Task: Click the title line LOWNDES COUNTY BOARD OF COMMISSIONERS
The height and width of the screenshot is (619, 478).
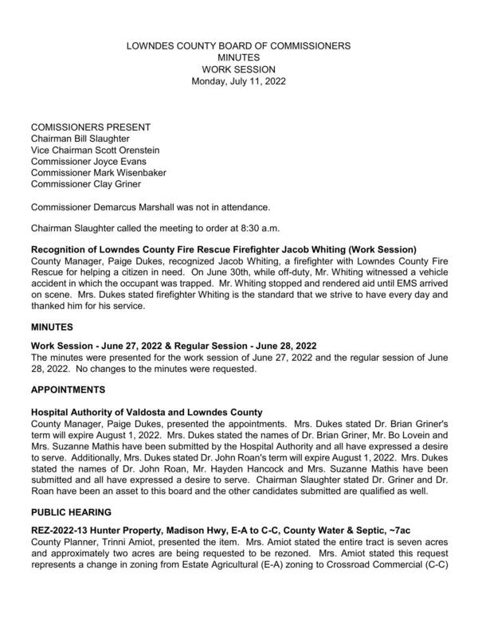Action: tap(238, 47)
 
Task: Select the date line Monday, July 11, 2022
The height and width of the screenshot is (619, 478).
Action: tap(238, 80)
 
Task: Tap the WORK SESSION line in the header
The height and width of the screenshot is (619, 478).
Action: tap(238, 69)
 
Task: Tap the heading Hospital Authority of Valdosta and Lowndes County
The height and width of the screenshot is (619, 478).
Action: tap(147, 412)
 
